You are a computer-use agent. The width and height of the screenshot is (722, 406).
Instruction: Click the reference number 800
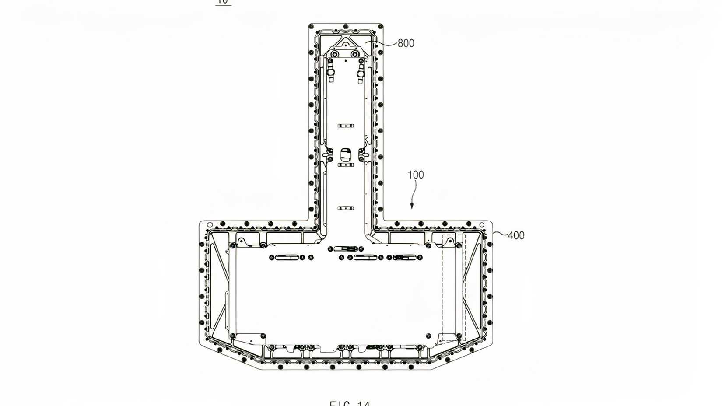tap(406, 43)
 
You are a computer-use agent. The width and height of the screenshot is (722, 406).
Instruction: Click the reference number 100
tap(416, 175)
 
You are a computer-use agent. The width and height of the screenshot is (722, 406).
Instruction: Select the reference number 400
tap(516, 235)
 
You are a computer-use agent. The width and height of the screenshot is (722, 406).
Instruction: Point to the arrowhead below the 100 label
tap(412, 206)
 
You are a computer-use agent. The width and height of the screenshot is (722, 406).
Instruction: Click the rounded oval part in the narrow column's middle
tap(346, 154)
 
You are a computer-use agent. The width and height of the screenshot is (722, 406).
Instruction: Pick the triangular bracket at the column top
tap(346, 44)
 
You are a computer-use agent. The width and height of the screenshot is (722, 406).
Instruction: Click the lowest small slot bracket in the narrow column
tap(346, 208)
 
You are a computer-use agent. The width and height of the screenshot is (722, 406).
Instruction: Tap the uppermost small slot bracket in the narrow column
tap(346, 126)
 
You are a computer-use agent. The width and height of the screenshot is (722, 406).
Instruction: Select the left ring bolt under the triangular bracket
tap(335, 54)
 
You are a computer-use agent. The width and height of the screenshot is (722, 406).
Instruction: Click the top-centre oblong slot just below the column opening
tap(346, 249)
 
